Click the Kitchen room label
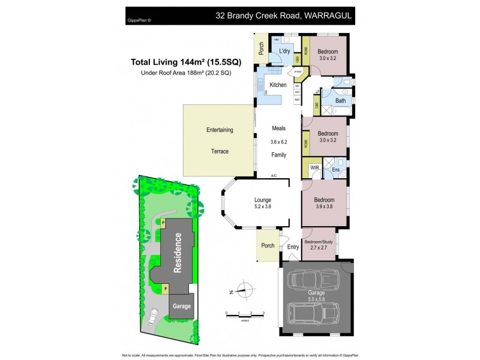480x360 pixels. (x=278, y=85)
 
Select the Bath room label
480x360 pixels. (x=340, y=100)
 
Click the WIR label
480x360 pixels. (x=314, y=168)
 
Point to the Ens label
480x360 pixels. (x=337, y=170)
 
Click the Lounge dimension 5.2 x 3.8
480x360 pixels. (x=262, y=208)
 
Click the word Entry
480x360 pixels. (x=293, y=247)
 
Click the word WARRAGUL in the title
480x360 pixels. (x=322, y=16)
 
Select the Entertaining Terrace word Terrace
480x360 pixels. (x=220, y=151)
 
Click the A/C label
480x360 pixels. (x=274, y=176)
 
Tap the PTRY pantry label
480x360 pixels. (x=298, y=72)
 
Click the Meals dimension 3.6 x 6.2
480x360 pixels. (x=278, y=142)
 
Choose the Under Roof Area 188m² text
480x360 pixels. (x=181, y=73)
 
